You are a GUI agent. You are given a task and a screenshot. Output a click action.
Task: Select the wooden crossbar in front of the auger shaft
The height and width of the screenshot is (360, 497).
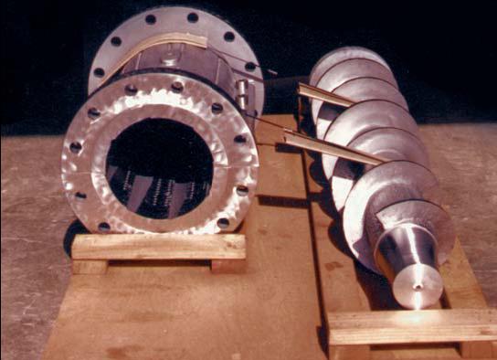(411, 323)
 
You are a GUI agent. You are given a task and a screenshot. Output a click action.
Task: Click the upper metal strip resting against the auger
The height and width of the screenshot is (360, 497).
(324, 93)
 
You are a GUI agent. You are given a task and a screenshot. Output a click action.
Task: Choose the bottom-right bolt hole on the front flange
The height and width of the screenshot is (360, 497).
(223, 222)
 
